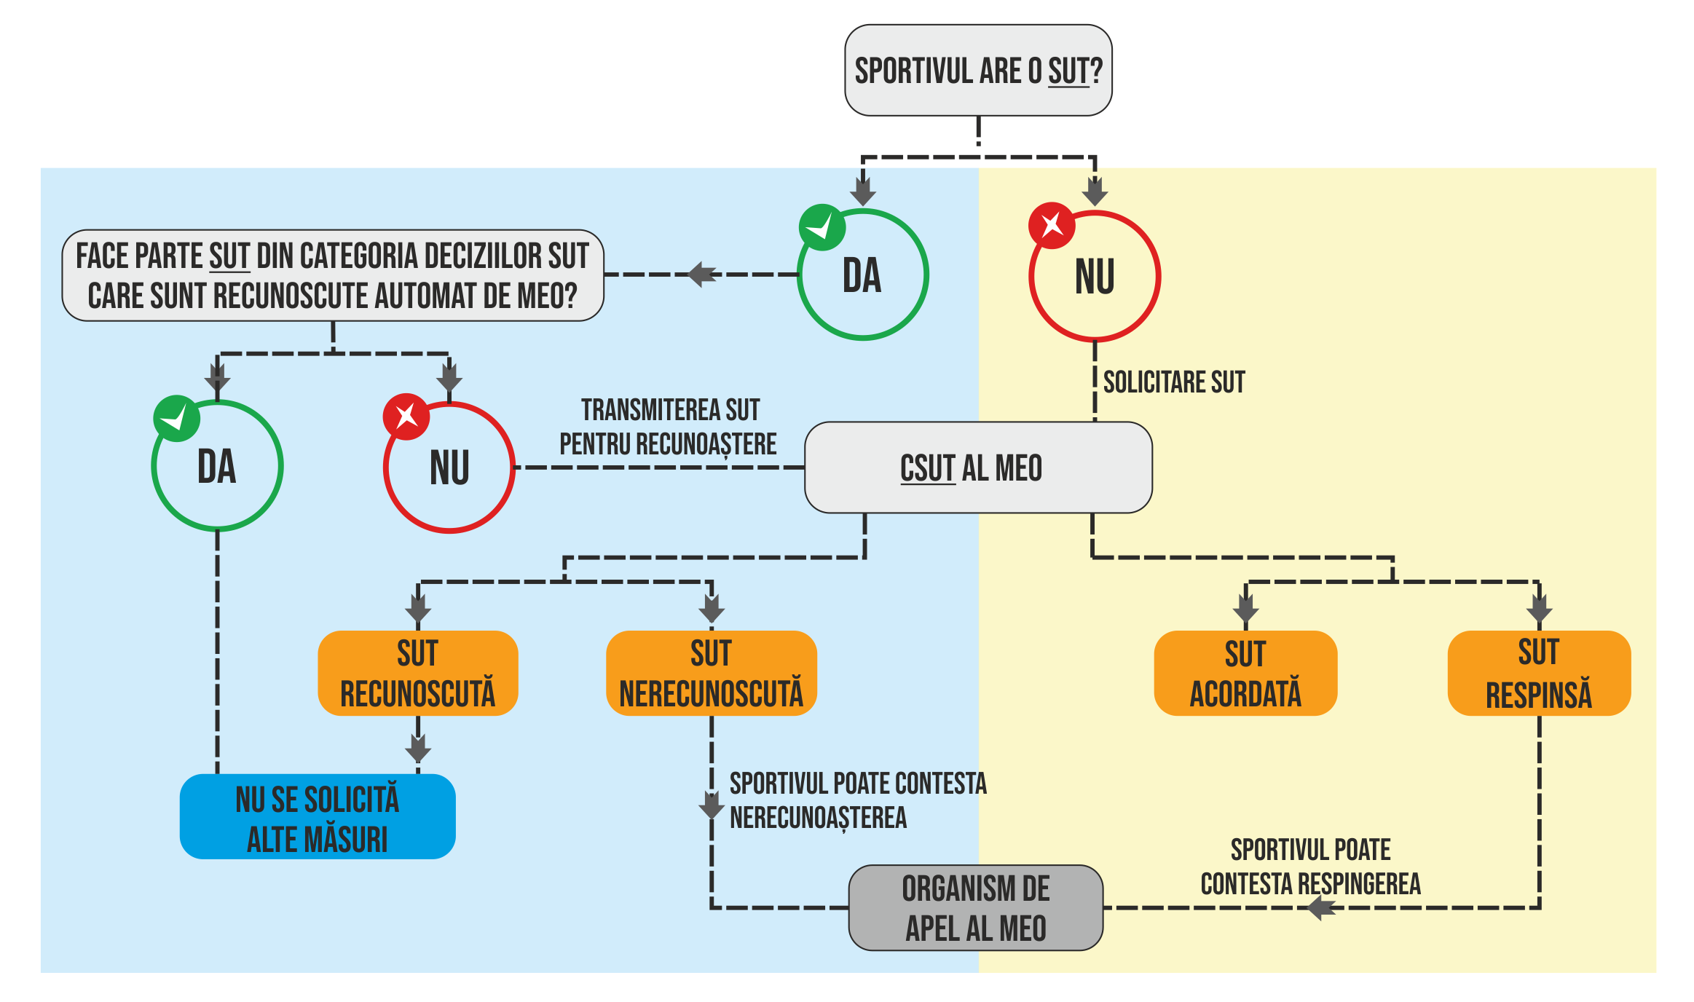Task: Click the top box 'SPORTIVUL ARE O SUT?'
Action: (x=977, y=71)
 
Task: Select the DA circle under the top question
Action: (x=863, y=275)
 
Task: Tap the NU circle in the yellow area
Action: (x=1095, y=277)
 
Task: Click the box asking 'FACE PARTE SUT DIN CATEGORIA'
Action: (x=333, y=276)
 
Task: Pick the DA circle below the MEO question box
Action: (x=217, y=466)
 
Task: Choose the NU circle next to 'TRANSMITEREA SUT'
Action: (x=449, y=468)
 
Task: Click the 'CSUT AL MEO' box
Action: (x=977, y=468)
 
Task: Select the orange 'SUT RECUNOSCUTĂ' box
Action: (x=418, y=673)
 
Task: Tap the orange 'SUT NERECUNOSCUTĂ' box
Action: (x=711, y=673)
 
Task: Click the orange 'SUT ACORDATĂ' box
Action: (x=1245, y=673)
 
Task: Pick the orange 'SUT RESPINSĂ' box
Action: (x=1539, y=673)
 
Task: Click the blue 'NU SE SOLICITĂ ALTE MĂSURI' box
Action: (x=318, y=817)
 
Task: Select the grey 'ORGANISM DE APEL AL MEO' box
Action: (x=976, y=908)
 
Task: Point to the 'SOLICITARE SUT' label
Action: (x=1174, y=382)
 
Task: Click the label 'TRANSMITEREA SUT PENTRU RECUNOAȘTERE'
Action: (x=669, y=427)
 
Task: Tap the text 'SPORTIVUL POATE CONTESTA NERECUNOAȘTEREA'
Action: (x=857, y=800)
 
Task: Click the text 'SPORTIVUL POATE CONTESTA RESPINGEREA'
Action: (x=1310, y=867)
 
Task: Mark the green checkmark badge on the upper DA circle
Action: (x=822, y=227)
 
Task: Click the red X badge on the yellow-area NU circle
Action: (x=1051, y=226)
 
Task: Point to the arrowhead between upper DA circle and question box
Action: (x=701, y=275)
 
